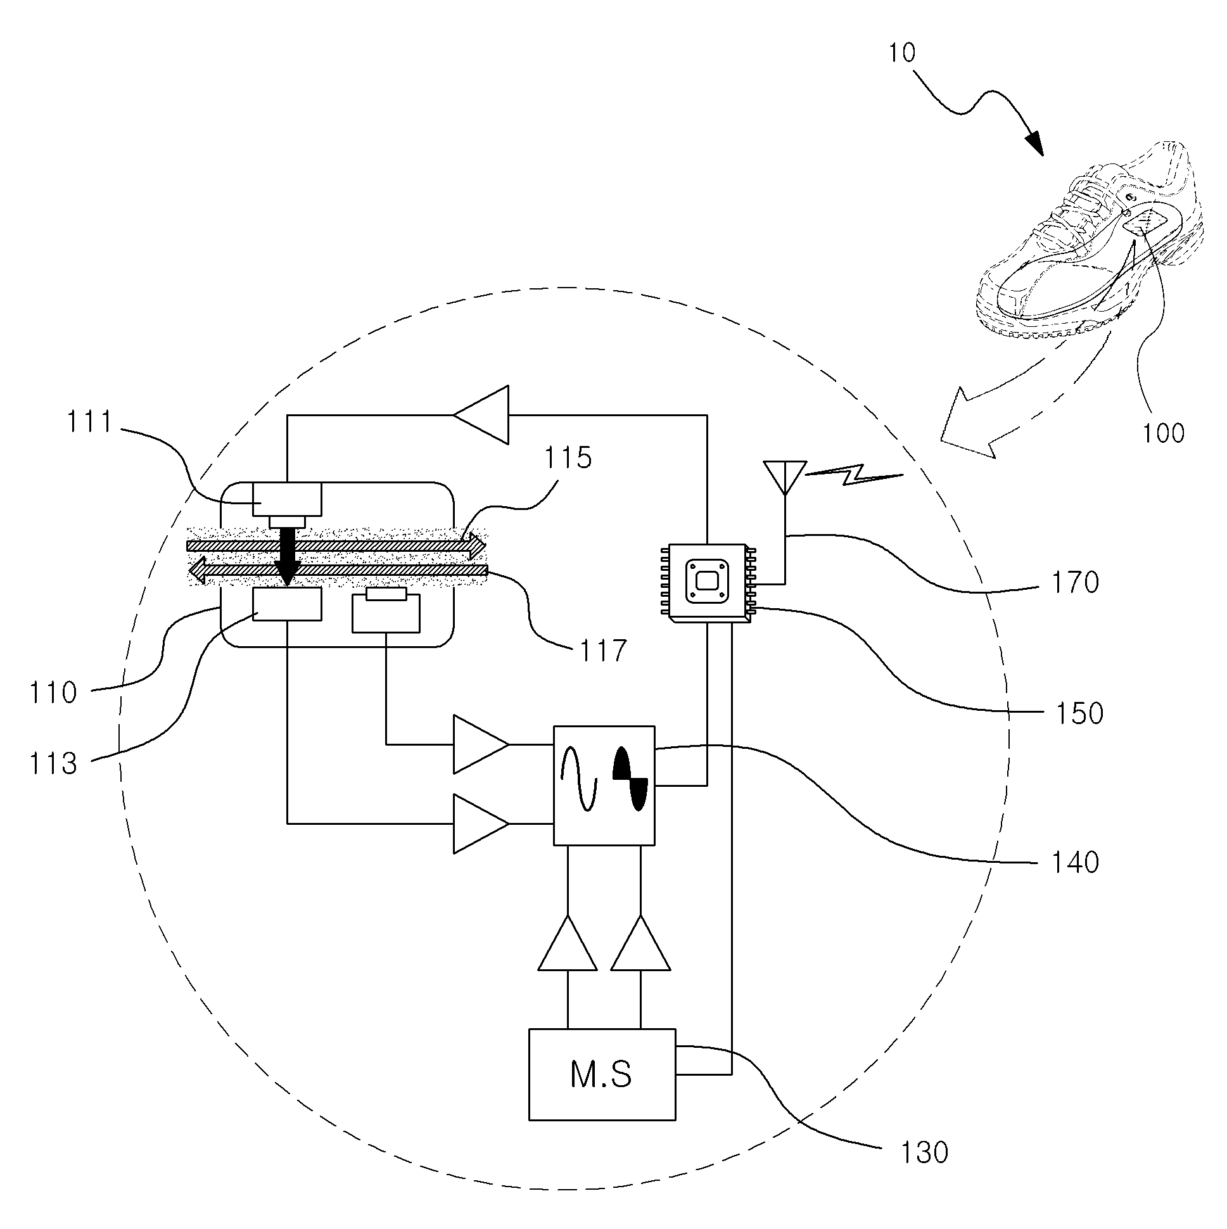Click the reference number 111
point(90,422)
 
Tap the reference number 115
point(568,457)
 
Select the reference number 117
point(603,651)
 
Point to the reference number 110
point(53,692)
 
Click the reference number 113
point(53,763)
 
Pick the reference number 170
point(1075,583)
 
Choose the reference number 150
point(1079,714)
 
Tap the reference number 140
point(1075,863)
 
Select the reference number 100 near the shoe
point(1164,433)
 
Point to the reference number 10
point(901,53)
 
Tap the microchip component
point(707,582)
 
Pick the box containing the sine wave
point(604,786)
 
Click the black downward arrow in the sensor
point(288,556)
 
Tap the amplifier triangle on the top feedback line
point(481,415)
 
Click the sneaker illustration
point(1090,239)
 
